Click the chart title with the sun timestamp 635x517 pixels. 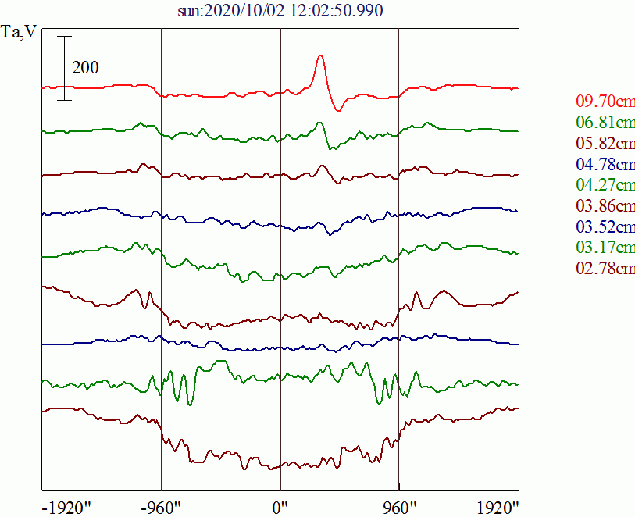pyautogui.click(x=280, y=11)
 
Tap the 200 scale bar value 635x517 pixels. pyautogui.click(x=85, y=68)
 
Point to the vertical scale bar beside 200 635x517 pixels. pyautogui.click(x=64, y=68)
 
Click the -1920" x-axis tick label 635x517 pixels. pyautogui.click(x=66, y=506)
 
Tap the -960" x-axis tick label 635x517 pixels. pyautogui.click(x=162, y=506)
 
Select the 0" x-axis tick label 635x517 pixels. pyautogui.click(x=280, y=506)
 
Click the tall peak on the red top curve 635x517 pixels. pyautogui.click(x=319, y=57)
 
